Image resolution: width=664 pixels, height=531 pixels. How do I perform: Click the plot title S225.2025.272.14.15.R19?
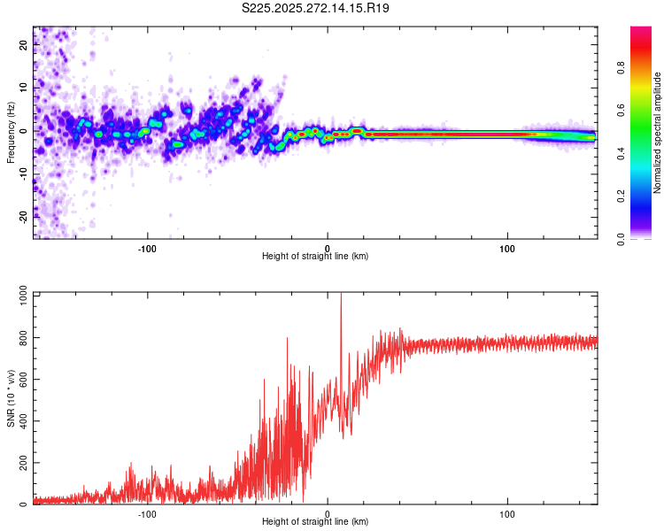316,8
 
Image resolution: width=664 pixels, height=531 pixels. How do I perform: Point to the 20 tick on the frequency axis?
23,46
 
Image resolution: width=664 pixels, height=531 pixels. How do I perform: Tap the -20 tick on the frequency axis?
23,215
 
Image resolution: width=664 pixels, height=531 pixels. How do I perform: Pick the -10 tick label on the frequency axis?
23,173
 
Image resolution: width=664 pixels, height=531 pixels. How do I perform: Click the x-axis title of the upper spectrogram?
315,257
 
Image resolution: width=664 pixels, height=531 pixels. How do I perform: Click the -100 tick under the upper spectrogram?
147,248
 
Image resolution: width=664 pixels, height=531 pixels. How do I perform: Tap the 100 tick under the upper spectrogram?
507,248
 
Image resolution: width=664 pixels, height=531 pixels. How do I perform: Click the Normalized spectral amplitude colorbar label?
658,133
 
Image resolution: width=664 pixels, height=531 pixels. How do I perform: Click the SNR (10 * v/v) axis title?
11,398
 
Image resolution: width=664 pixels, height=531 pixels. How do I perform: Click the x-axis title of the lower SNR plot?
315,522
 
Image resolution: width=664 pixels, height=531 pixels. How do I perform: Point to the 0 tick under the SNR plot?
328,513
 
